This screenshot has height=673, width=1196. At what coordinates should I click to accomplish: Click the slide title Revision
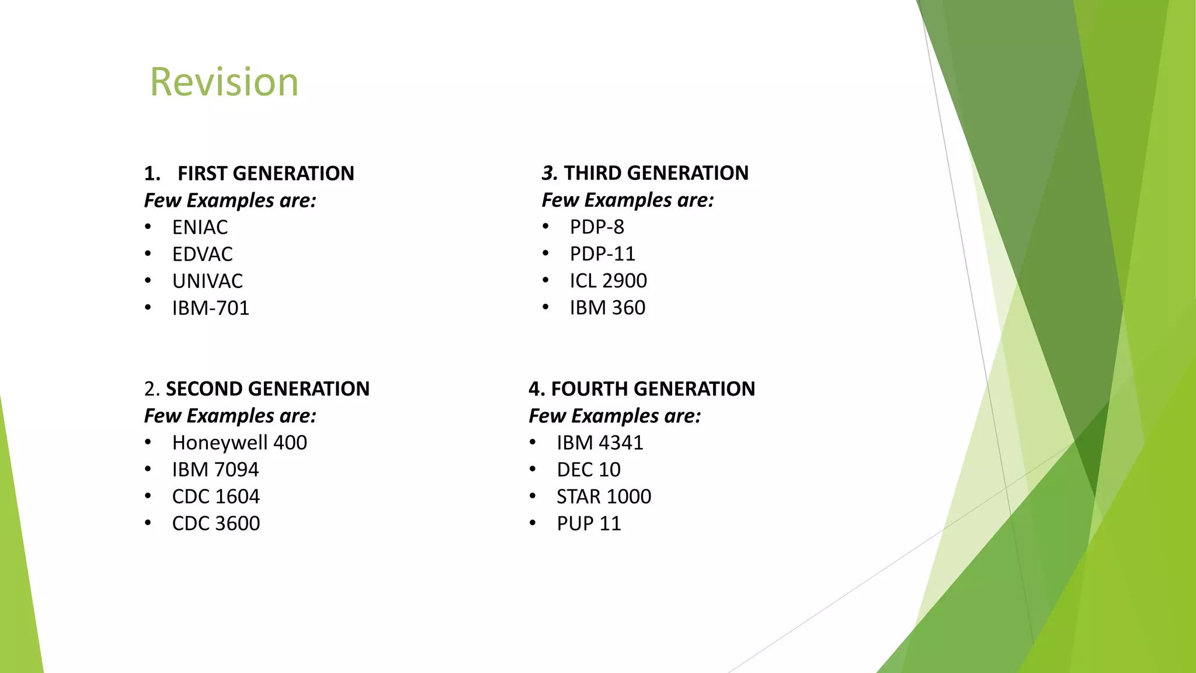click(224, 82)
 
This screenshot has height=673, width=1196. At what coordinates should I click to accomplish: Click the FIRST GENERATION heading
click(265, 174)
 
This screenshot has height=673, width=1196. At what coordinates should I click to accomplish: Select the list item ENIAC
click(200, 227)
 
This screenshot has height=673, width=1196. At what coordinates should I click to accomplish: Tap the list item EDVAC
click(202, 254)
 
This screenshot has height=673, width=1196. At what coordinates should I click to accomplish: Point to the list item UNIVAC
click(207, 281)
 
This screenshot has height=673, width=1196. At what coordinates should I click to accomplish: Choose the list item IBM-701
click(210, 308)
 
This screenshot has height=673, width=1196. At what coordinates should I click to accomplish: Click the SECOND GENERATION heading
click(267, 389)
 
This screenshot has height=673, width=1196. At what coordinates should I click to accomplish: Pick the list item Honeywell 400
click(239, 443)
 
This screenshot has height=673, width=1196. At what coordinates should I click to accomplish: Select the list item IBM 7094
click(215, 470)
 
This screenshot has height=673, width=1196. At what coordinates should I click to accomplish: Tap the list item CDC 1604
click(215, 497)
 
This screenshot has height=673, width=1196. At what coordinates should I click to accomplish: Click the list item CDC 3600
click(215, 523)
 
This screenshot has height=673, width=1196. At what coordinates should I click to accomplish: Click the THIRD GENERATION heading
click(655, 173)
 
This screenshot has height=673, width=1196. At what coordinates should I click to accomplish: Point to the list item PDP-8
click(597, 227)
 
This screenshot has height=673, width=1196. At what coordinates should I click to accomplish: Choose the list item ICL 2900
click(608, 281)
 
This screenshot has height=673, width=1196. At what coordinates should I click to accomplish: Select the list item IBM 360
click(607, 308)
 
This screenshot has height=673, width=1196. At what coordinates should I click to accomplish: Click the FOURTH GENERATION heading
click(652, 389)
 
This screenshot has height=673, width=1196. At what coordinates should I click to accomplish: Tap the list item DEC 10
click(588, 470)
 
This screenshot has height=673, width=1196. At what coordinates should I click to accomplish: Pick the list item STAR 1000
click(603, 497)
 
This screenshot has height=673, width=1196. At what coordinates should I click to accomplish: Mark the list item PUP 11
click(588, 523)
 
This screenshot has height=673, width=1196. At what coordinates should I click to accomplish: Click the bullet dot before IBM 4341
click(533, 443)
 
